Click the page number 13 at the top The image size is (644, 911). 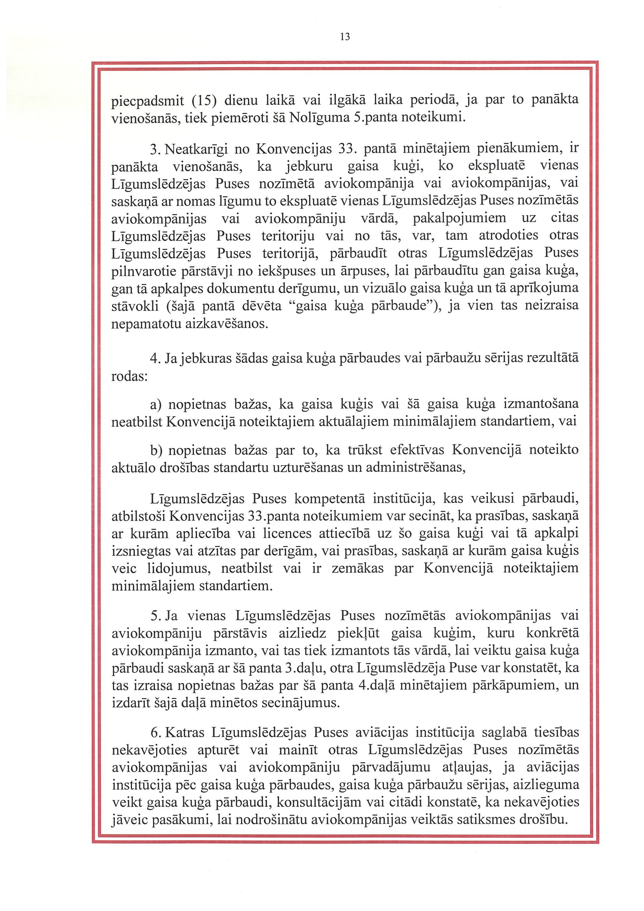click(x=345, y=37)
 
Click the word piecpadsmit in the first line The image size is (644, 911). click(x=147, y=101)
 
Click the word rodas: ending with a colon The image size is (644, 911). click(x=130, y=376)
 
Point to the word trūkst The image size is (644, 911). click(x=365, y=450)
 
